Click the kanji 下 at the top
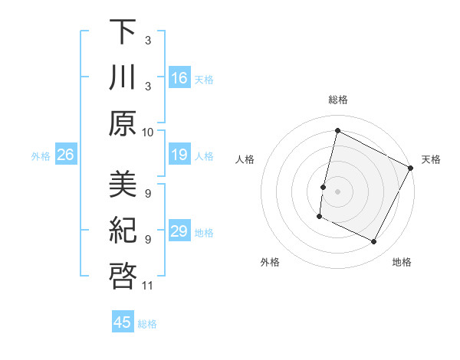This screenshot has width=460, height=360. pos(123,33)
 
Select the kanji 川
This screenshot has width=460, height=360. pos(123,77)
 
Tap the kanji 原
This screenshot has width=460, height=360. pos(123,123)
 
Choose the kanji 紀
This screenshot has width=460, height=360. pos(123,231)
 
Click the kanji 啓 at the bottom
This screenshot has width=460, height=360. pos(123,276)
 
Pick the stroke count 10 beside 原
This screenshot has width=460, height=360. pos(148,132)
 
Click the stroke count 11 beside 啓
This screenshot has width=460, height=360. pos(148,286)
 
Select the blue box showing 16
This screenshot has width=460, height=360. pos(179,77)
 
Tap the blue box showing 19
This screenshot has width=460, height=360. pos(179,155)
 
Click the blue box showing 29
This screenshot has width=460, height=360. pos(179,231)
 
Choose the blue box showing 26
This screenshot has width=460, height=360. pos(65,155)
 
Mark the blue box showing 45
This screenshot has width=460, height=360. pos(123,322)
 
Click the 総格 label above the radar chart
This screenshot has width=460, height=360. pos(337,100)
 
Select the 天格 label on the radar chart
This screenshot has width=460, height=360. pos(431,160)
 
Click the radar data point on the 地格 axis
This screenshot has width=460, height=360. pos(374,242)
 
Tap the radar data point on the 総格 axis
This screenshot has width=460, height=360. pos(337,130)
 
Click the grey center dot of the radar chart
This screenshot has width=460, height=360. pos(337,191)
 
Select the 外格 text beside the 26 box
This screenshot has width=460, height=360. pos(41,156)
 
